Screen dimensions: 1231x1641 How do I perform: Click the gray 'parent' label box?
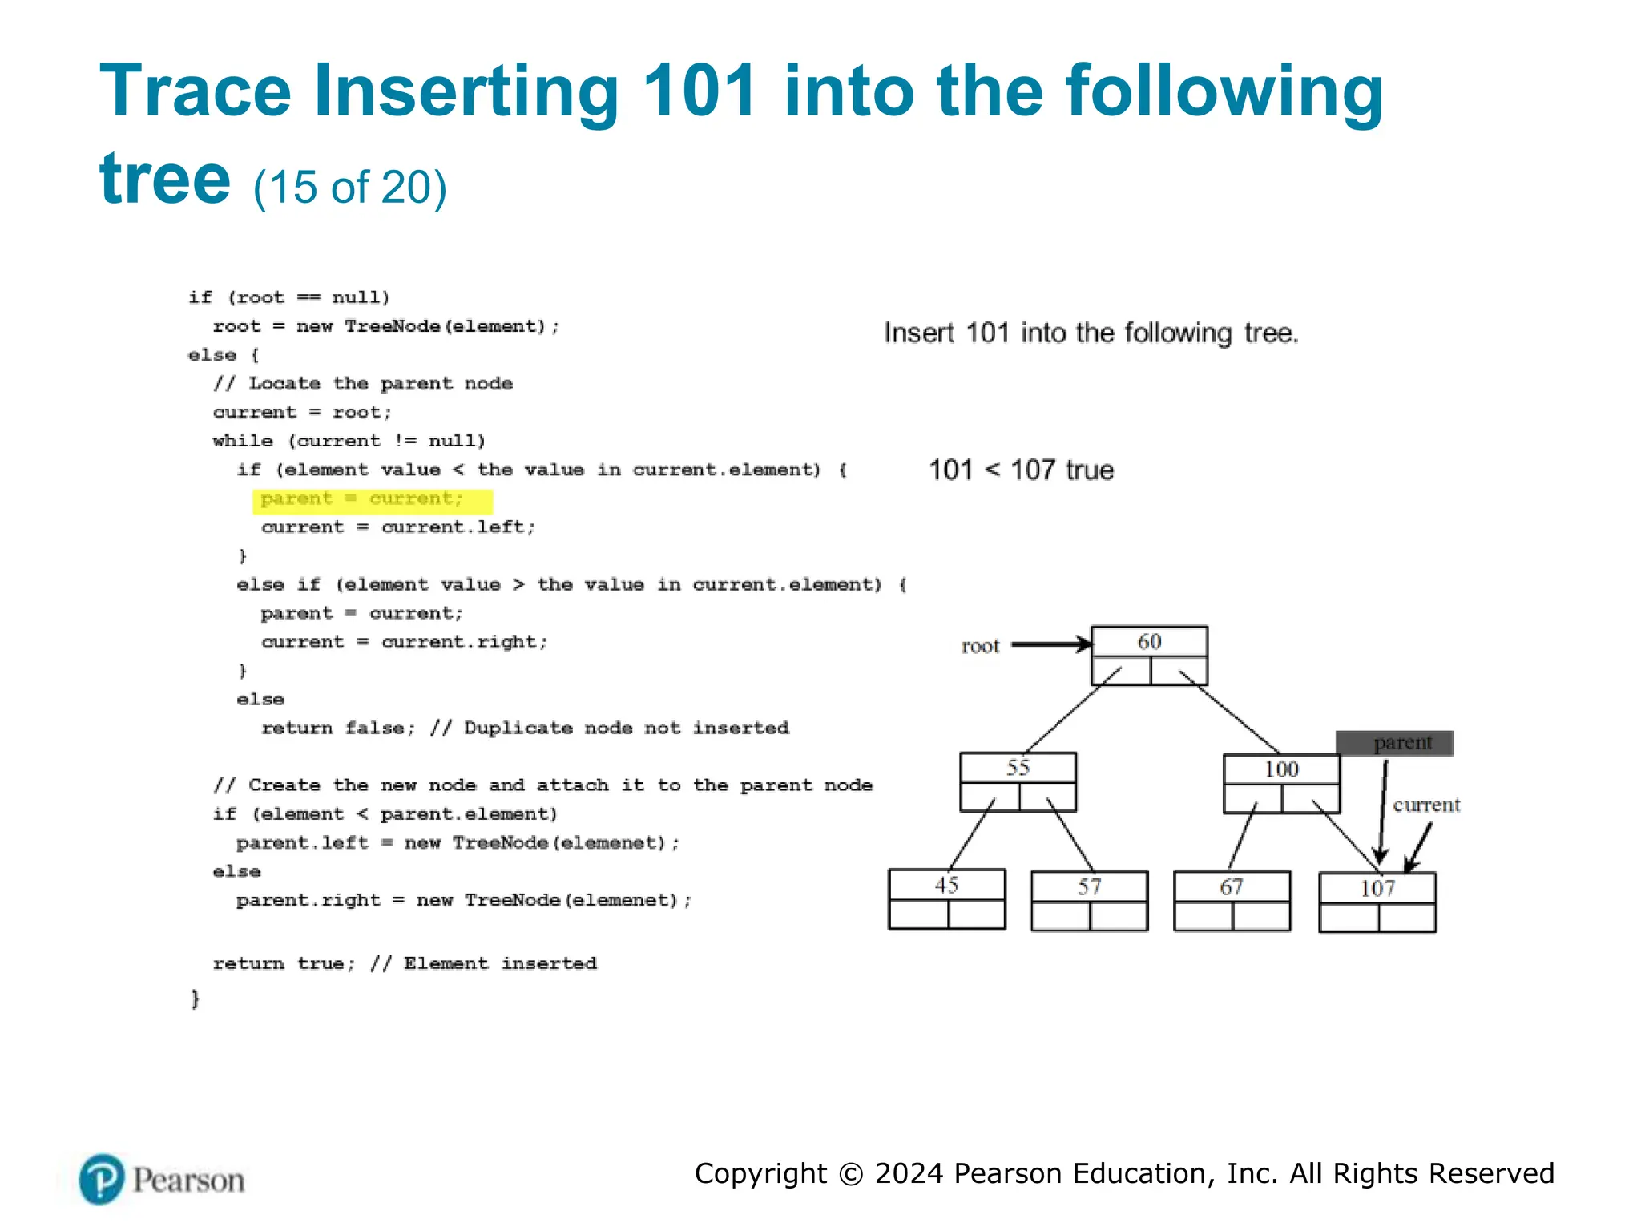[1394, 743]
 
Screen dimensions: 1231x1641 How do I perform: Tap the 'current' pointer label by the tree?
[1426, 805]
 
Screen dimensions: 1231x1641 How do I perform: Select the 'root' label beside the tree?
[980, 646]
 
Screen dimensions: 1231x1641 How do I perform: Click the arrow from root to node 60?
[1050, 644]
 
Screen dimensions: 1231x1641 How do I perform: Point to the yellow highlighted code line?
[372, 500]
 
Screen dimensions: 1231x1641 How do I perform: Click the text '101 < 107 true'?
[1021, 470]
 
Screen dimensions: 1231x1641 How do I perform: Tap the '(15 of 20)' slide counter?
[350, 188]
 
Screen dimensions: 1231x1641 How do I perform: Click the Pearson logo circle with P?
[102, 1179]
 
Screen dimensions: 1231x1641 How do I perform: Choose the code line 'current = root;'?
[302, 412]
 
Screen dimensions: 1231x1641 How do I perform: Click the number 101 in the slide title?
[700, 91]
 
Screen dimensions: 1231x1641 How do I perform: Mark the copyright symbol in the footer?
[851, 1174]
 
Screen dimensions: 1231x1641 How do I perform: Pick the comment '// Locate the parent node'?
[363, 383]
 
